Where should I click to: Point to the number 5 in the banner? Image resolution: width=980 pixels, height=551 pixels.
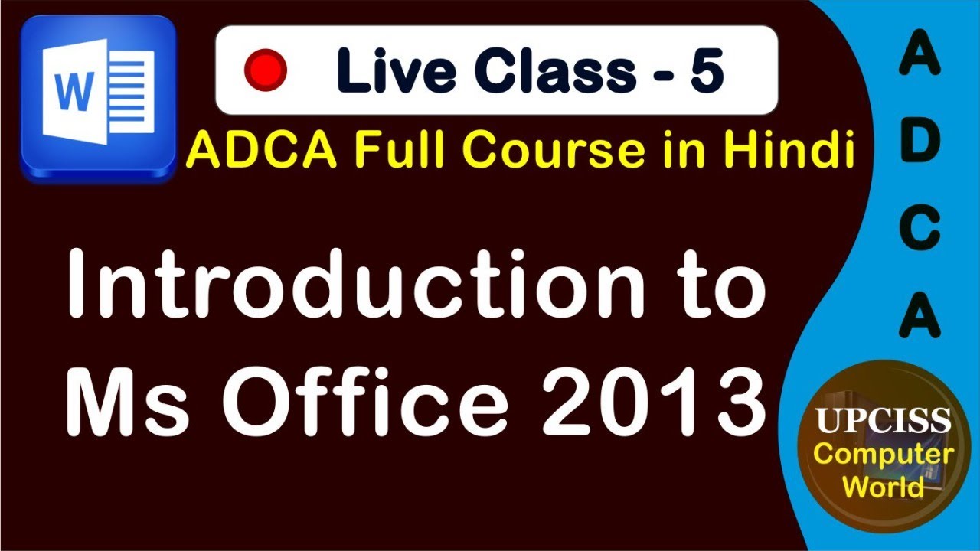pos(706,70)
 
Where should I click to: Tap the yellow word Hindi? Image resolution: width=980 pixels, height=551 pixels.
pos(796,151)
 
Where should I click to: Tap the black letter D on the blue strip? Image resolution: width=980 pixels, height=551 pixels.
pos(919,142)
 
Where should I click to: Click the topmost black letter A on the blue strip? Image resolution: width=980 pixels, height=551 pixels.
pos(919,58)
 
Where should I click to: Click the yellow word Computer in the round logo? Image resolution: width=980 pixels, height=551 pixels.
pos(883,455)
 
